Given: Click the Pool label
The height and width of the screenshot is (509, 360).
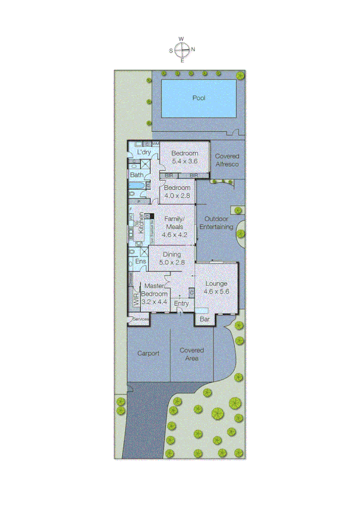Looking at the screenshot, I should (x=199, y=98).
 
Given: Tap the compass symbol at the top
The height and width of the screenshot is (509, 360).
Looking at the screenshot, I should (x=183, y=50).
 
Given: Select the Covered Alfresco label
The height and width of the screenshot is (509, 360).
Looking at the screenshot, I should (x=227, y=159).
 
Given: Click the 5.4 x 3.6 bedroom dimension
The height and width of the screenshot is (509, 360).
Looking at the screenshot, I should (x=184, y=161).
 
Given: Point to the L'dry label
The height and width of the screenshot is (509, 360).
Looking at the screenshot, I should (x=144, y=153).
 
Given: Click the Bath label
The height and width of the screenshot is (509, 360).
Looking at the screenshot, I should (x=137, y=175).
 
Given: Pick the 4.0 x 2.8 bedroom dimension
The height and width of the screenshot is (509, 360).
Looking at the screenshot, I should (x=177, y=195).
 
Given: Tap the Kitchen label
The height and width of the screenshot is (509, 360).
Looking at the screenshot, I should (x=141, y=223).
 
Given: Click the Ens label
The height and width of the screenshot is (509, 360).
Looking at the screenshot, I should (x=141, y=262).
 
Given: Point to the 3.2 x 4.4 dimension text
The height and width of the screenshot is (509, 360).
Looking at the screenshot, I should (x=155, y=302).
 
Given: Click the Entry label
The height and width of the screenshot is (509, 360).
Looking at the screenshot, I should (x=181, y=304).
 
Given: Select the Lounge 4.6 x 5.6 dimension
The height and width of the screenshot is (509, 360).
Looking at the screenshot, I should (x=217, y=291).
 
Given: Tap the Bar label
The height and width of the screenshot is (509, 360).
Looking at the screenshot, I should (x=204, y=320).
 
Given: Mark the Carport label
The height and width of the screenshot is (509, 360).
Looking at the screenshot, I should (x=148, y=353).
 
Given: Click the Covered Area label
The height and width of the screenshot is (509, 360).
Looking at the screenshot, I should (x=192, y=354).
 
